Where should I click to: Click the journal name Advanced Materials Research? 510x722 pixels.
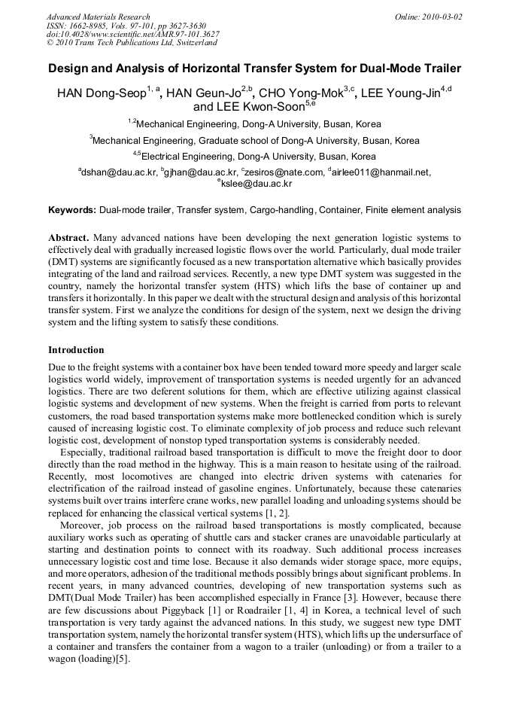tap(98, 17)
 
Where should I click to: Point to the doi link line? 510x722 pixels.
tap(133, 34)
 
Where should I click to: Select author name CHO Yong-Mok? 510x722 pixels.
tap(301, 94)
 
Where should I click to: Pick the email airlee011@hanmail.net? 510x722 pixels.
tap(381, 172)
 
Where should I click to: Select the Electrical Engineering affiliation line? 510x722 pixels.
tap(258, 157)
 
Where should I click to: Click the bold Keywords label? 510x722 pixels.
tap(72, 210)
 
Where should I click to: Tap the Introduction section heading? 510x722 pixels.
tap(76, 350)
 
